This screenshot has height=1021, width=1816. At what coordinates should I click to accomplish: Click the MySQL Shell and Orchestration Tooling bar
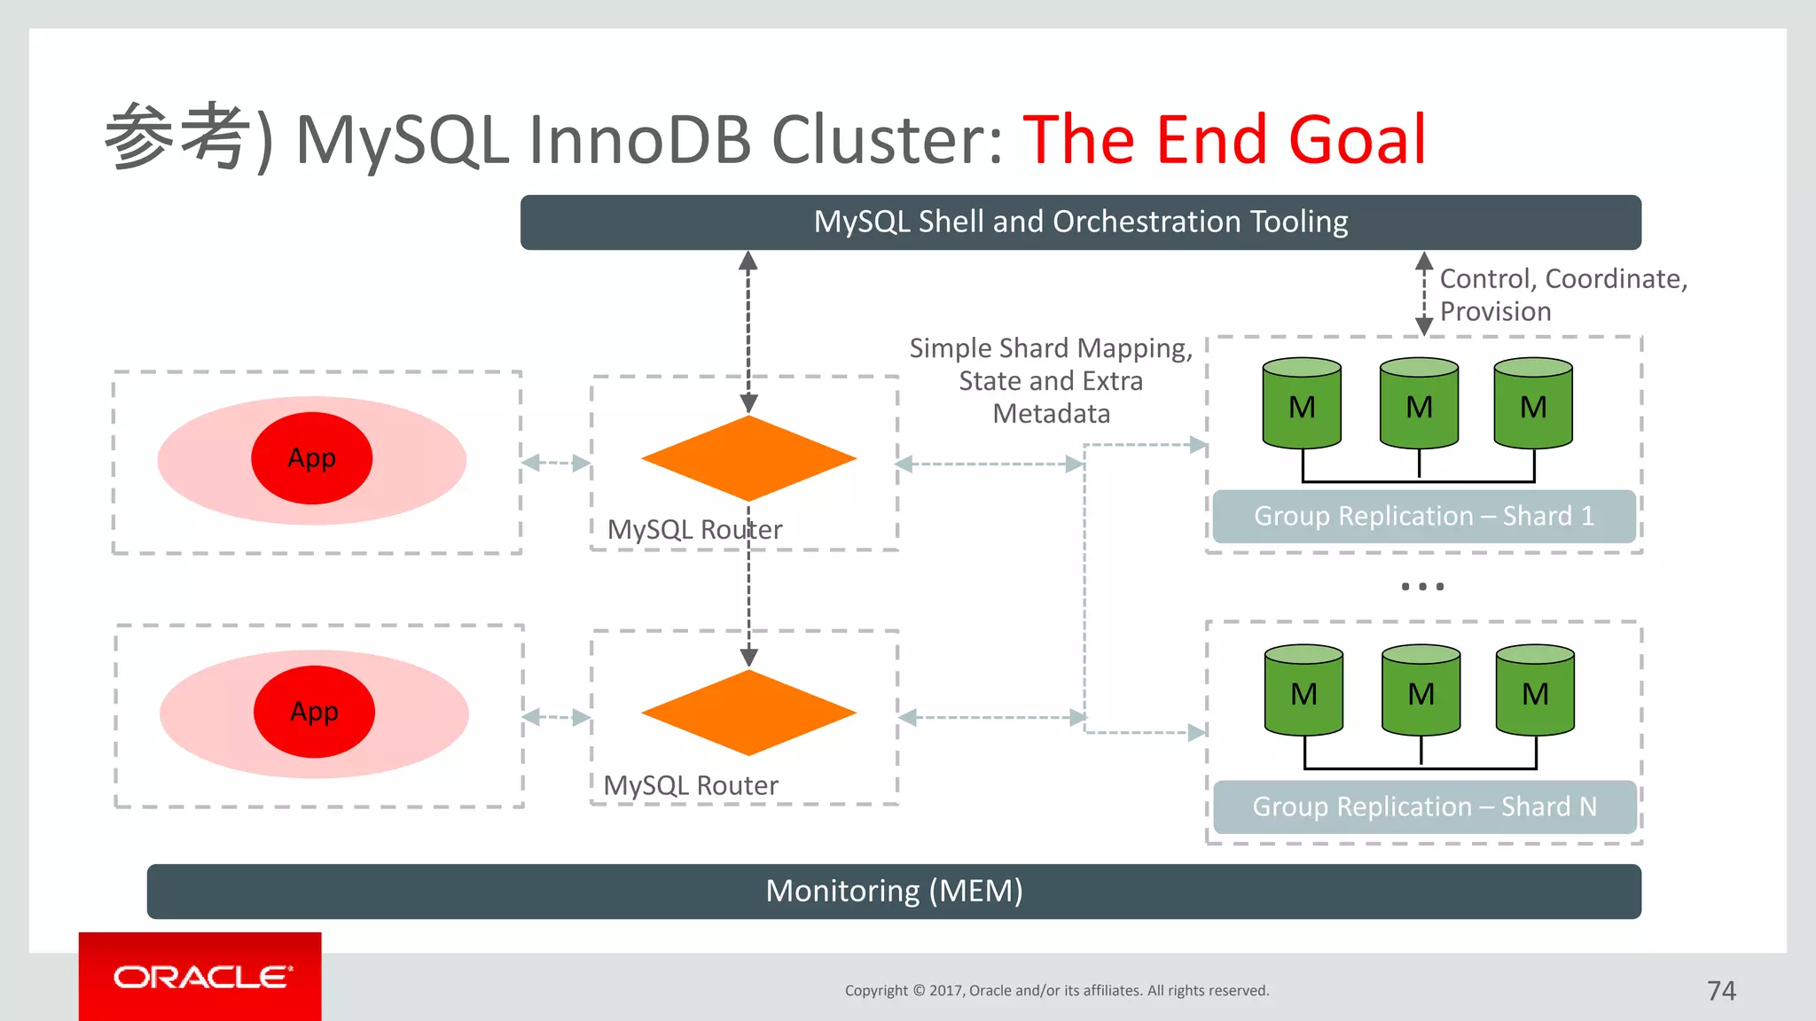[x=1080, y=222]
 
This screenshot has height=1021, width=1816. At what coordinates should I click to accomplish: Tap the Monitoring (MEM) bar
[x=894, y=891]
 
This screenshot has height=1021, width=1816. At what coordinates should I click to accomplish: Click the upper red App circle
[x=312, y=458]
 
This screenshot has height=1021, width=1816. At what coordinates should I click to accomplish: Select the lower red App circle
[x=314, y=712]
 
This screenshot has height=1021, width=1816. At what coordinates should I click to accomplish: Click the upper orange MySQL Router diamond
[x=748, y=458]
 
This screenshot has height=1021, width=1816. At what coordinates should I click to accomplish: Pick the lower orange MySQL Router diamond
[x=748, y=713]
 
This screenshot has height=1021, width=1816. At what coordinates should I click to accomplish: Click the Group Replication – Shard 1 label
[x=1423, y=516]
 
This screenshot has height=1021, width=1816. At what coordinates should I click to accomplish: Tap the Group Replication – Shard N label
[x=1424, y=807]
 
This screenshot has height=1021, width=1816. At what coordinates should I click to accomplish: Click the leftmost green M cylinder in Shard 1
[x=1302, y=403]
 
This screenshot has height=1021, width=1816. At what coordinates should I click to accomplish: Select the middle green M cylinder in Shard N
[x=1421, y=690]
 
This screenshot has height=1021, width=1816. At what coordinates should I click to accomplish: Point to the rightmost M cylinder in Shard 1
[x=1533, y=403]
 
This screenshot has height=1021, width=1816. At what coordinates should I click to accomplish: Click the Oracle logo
[x=201, y=977]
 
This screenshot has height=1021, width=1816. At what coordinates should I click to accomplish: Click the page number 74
[x=1721, y=990]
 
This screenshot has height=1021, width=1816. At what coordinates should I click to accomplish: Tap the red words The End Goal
[x=1224, y=140]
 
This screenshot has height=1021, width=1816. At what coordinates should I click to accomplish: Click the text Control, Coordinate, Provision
[x=1562, y=294]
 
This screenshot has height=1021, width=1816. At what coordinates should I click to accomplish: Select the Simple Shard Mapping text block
[x=1051, y=380]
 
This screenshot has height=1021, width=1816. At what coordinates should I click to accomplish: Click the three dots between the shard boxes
[x=1422, y=587]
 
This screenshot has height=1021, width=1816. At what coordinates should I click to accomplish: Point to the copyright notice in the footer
[x=1057, y=990]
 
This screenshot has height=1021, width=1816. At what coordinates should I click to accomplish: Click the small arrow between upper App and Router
[x=556, y=463]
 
